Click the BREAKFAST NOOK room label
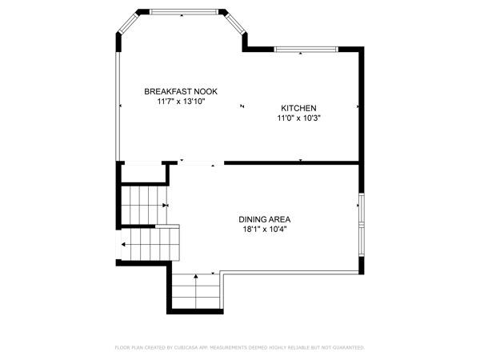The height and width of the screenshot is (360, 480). tap(181, 91)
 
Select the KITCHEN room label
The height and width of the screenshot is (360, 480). tap(299, 108)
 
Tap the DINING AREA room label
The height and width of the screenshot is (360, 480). tap(264, 218)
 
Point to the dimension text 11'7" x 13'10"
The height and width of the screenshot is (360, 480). tap(182, 102)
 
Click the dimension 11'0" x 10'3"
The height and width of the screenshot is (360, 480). tap(299, 118)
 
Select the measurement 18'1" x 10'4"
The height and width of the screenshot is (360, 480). tap(264, 229)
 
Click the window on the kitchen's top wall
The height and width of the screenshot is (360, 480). tap(301, 50)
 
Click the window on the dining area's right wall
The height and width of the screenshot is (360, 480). tap(362, 221)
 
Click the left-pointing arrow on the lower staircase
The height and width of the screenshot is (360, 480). tap(124, 243)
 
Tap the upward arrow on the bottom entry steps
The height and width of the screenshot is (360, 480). tap(195, 279)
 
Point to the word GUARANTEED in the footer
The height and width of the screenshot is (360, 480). tap(348, 348)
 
